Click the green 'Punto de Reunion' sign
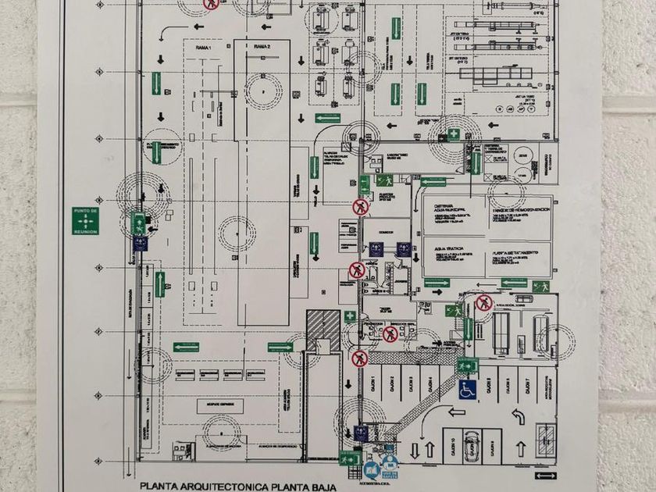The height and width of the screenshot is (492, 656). (x=84, y=222)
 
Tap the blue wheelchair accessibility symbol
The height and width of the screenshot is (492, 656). (x=468, y=388)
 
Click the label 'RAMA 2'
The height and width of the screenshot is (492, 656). (x=262, y=48)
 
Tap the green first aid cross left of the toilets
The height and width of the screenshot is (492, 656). (x=350, y=316)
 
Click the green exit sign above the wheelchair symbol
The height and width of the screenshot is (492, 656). (x=468, y=365)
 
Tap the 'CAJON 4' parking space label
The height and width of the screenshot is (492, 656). (x=432, y=385)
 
